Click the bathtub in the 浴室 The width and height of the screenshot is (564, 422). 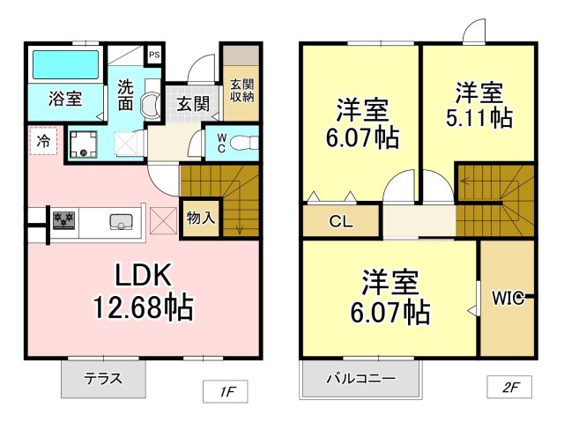(x=65, y=64)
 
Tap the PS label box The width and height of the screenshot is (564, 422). (x=154, y=55)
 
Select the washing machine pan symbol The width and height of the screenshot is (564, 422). (x=83, y=144)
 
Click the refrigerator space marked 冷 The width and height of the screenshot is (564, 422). (x=43, y=141)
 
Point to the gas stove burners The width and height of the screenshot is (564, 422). (x=63, y=220)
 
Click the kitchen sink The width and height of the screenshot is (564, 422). (x=122, y=221)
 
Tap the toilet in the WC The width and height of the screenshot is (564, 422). (x=244, y=143)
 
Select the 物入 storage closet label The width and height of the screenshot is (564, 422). (x=201, y=218)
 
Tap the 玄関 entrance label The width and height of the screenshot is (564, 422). (x=193, y=104)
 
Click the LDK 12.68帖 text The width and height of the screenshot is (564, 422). (x=143, y=291)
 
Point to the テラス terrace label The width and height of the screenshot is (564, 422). (x=103, y=379)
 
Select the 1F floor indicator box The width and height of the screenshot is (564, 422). (x=226, y=391)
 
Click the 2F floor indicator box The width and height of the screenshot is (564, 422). (x=509, y=387)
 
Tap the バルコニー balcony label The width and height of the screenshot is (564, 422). (x=360, y=379)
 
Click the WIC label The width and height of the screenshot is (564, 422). (x=508, y=298)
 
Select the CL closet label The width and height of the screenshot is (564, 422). (x=341, y=221)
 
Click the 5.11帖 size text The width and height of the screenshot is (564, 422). (x=479, y=117)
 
